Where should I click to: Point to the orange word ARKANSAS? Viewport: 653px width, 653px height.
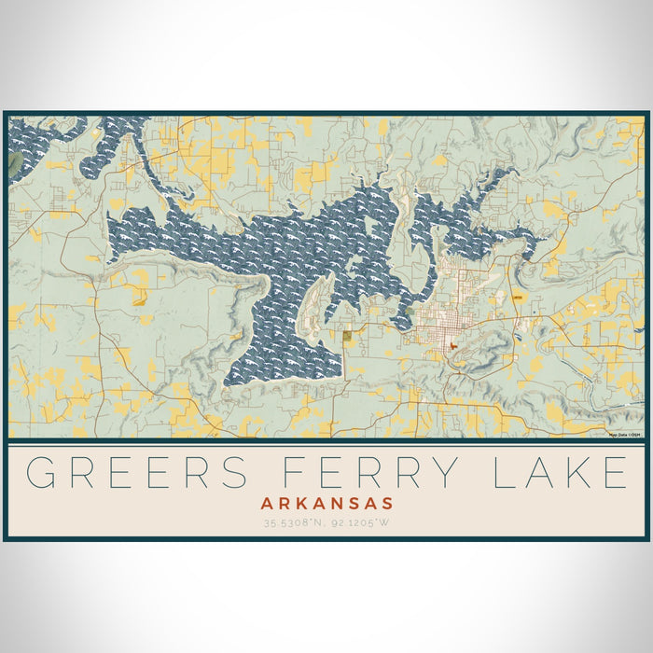click(x=326, y=503)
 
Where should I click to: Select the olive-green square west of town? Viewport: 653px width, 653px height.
click(x=347, y=336)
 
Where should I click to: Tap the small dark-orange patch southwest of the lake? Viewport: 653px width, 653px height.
click(x=140, y=300)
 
